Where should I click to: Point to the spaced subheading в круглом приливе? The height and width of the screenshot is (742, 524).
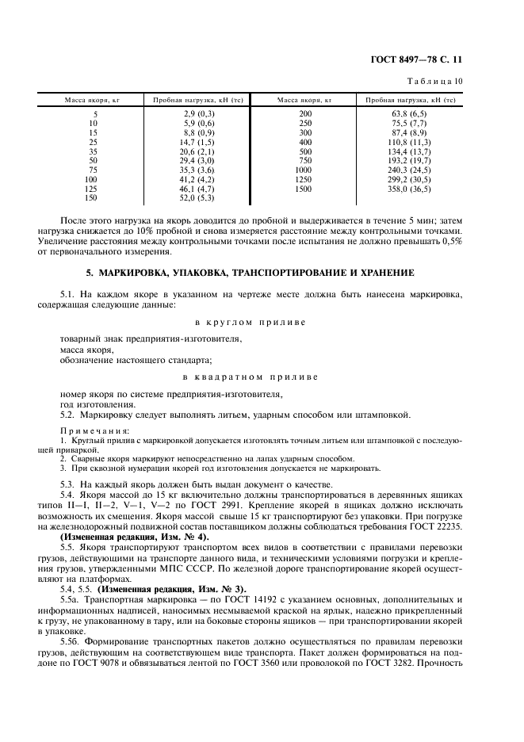coord(250,322)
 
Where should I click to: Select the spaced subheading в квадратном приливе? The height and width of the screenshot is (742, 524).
coord(250,377)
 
